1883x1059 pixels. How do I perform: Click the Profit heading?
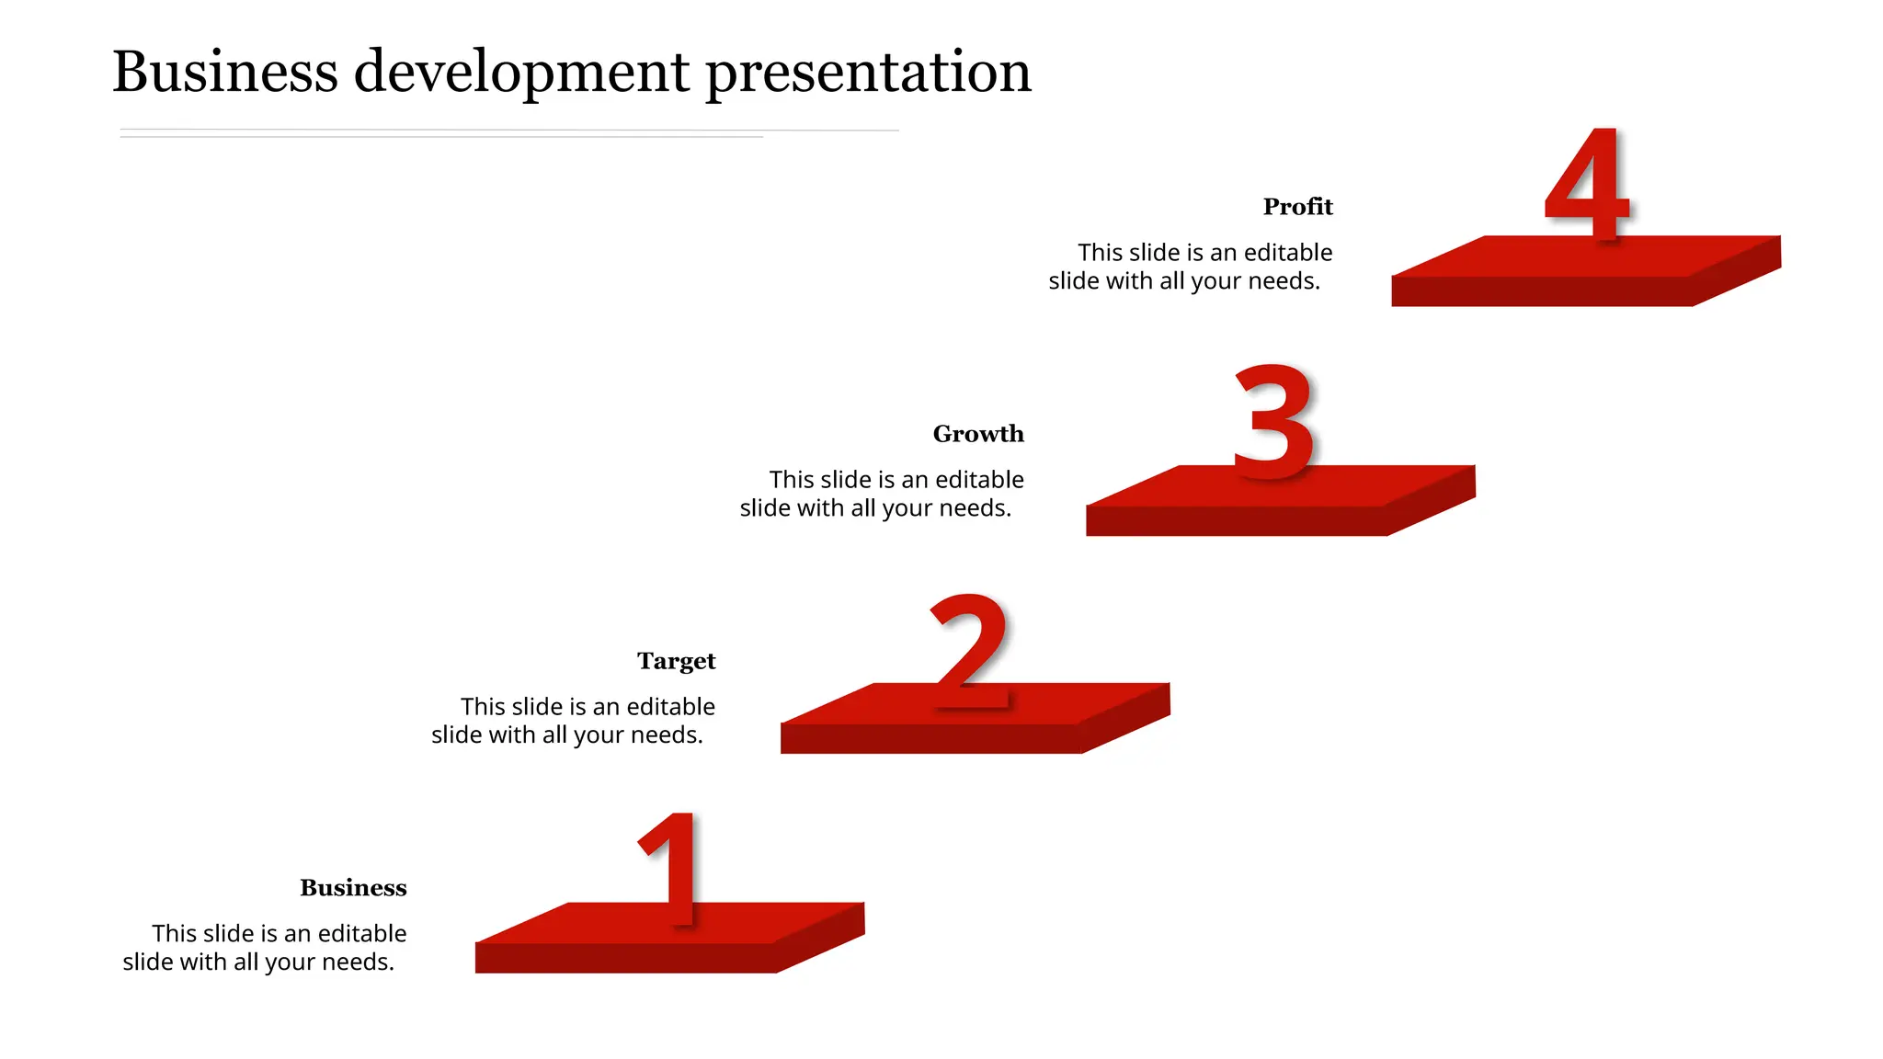(x=1297, y=207)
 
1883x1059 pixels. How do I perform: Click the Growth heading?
(x=978, y=434)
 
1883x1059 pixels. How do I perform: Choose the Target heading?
(x=676, y=661)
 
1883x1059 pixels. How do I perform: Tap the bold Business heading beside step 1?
(x=353, y=888)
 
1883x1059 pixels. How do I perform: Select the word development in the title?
(x=521, y=74)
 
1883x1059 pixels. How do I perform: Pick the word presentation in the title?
(x=868, y=74)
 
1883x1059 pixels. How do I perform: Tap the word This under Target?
(x=484, y=707)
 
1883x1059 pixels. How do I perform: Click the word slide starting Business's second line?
(x=146, y=962)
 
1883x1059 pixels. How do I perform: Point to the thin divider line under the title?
(x=506, y=131)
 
